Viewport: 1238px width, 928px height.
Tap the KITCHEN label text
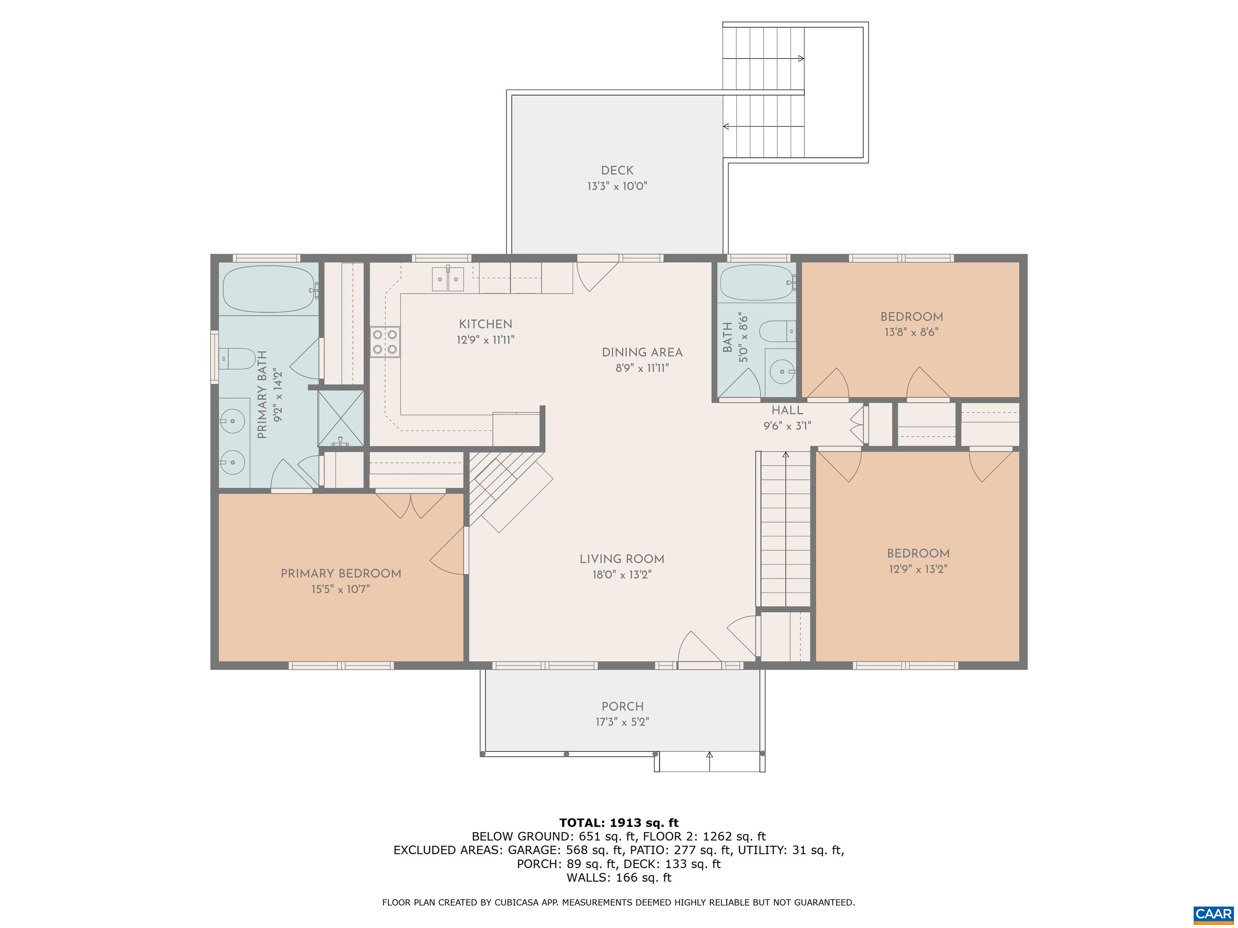pyautogui.click(x=485, y=324)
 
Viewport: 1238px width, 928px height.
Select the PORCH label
pyautogui.click(x=622, y=706)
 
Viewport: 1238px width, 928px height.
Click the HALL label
pyautogui.click(x=787, y=410)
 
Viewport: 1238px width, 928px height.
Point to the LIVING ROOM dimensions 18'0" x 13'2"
pyautogui.click(x=622, y=574)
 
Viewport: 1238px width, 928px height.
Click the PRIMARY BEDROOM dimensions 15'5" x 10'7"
pyautogui.click(x=341, y=589)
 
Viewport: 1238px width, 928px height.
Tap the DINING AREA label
pyautogui.click(x=642, y=352)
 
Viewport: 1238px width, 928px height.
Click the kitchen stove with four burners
pyautogui.click(x=385, y=342)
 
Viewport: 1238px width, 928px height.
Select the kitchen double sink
pyautogui.click(x=448, y=279)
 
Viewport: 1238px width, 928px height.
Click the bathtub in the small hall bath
pyautogui.click(x=758, y=283)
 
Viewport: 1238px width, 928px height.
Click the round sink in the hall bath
pyautogui.click(x=780, y=370)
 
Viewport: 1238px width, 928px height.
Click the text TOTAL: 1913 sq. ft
pyautogui.click(x=619, y=823)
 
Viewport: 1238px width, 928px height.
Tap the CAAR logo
pyautogui.click(x=1213, y=914)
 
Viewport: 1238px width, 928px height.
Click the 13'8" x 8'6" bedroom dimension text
pyautogui.click(x=911, y=332)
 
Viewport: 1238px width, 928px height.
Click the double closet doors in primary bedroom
pyautogui.click(x=410, y=505)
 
